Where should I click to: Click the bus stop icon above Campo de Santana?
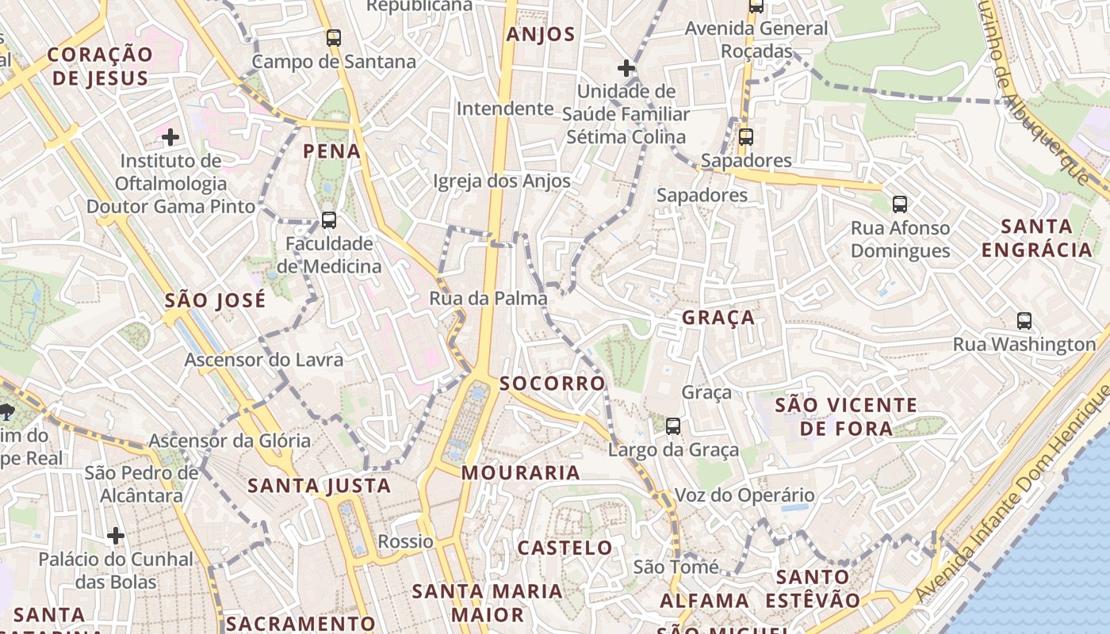[x=334, y=37]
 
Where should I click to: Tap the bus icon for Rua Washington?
[x=1024, y=321]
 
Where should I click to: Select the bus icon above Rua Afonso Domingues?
[x=900, y=204]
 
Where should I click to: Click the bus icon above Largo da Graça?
[x=673, y=426]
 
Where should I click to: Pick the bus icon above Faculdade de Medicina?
[x=329, y=220]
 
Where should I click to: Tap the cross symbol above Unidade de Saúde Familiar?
[x=626, y=68]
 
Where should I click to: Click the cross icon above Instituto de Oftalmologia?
[x=170, y=137]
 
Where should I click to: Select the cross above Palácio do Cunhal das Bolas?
[x=116, y=536]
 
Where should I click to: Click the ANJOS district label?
[x=541, y=34]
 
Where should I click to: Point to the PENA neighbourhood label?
[x=332, y=151]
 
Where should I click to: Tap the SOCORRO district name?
[x=553, y=384]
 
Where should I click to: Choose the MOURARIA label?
[x=521, y=473]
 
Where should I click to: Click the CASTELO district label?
[x=565, y=548]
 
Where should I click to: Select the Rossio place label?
[x=406, y=542]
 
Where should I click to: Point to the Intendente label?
[x=505, y=109]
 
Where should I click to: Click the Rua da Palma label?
[x=488, y=299]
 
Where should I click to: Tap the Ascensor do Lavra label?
[x=264, y=360]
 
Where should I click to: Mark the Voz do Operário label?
[x=744, y=495]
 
